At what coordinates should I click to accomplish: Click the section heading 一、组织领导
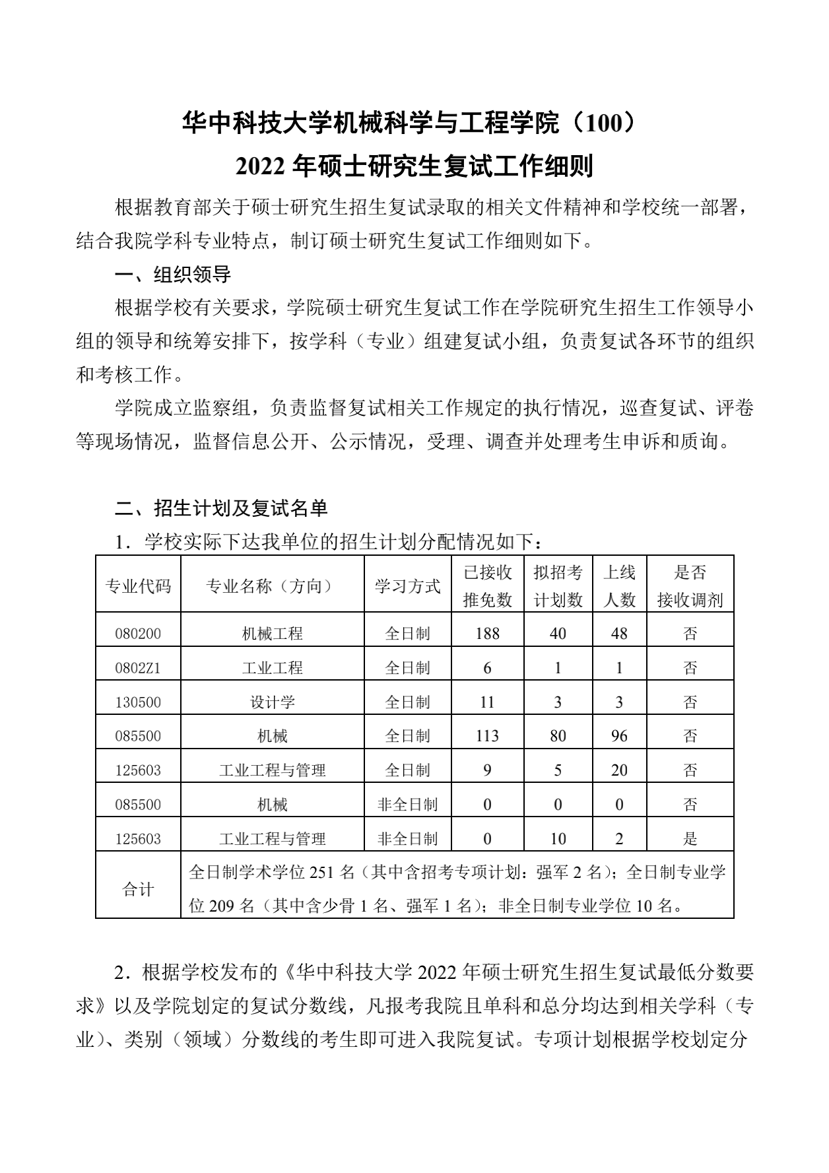pos(173,274)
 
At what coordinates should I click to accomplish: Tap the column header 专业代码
pos(138,586)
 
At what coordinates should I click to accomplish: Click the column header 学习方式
pos(407,586)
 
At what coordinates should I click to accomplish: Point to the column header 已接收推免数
pos(487,586)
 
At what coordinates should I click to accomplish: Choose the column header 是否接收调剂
pos(690,586)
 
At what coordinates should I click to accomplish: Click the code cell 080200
pos(138,634)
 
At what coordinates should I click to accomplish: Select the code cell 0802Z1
pos(138,668)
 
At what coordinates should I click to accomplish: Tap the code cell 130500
pos(138,702)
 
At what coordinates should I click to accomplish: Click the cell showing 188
pos(487,634)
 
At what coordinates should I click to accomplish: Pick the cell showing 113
pos(487,736)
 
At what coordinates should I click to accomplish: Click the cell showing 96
pos(619,736)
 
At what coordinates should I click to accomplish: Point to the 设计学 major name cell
pos(272,702)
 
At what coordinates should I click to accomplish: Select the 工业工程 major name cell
pos(272,668)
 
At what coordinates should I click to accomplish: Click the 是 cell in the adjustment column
pos(690,839)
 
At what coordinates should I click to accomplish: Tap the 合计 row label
pos(138,889)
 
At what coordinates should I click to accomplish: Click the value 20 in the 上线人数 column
pos(619,770)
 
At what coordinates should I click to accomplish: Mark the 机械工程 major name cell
pos(272,634)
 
